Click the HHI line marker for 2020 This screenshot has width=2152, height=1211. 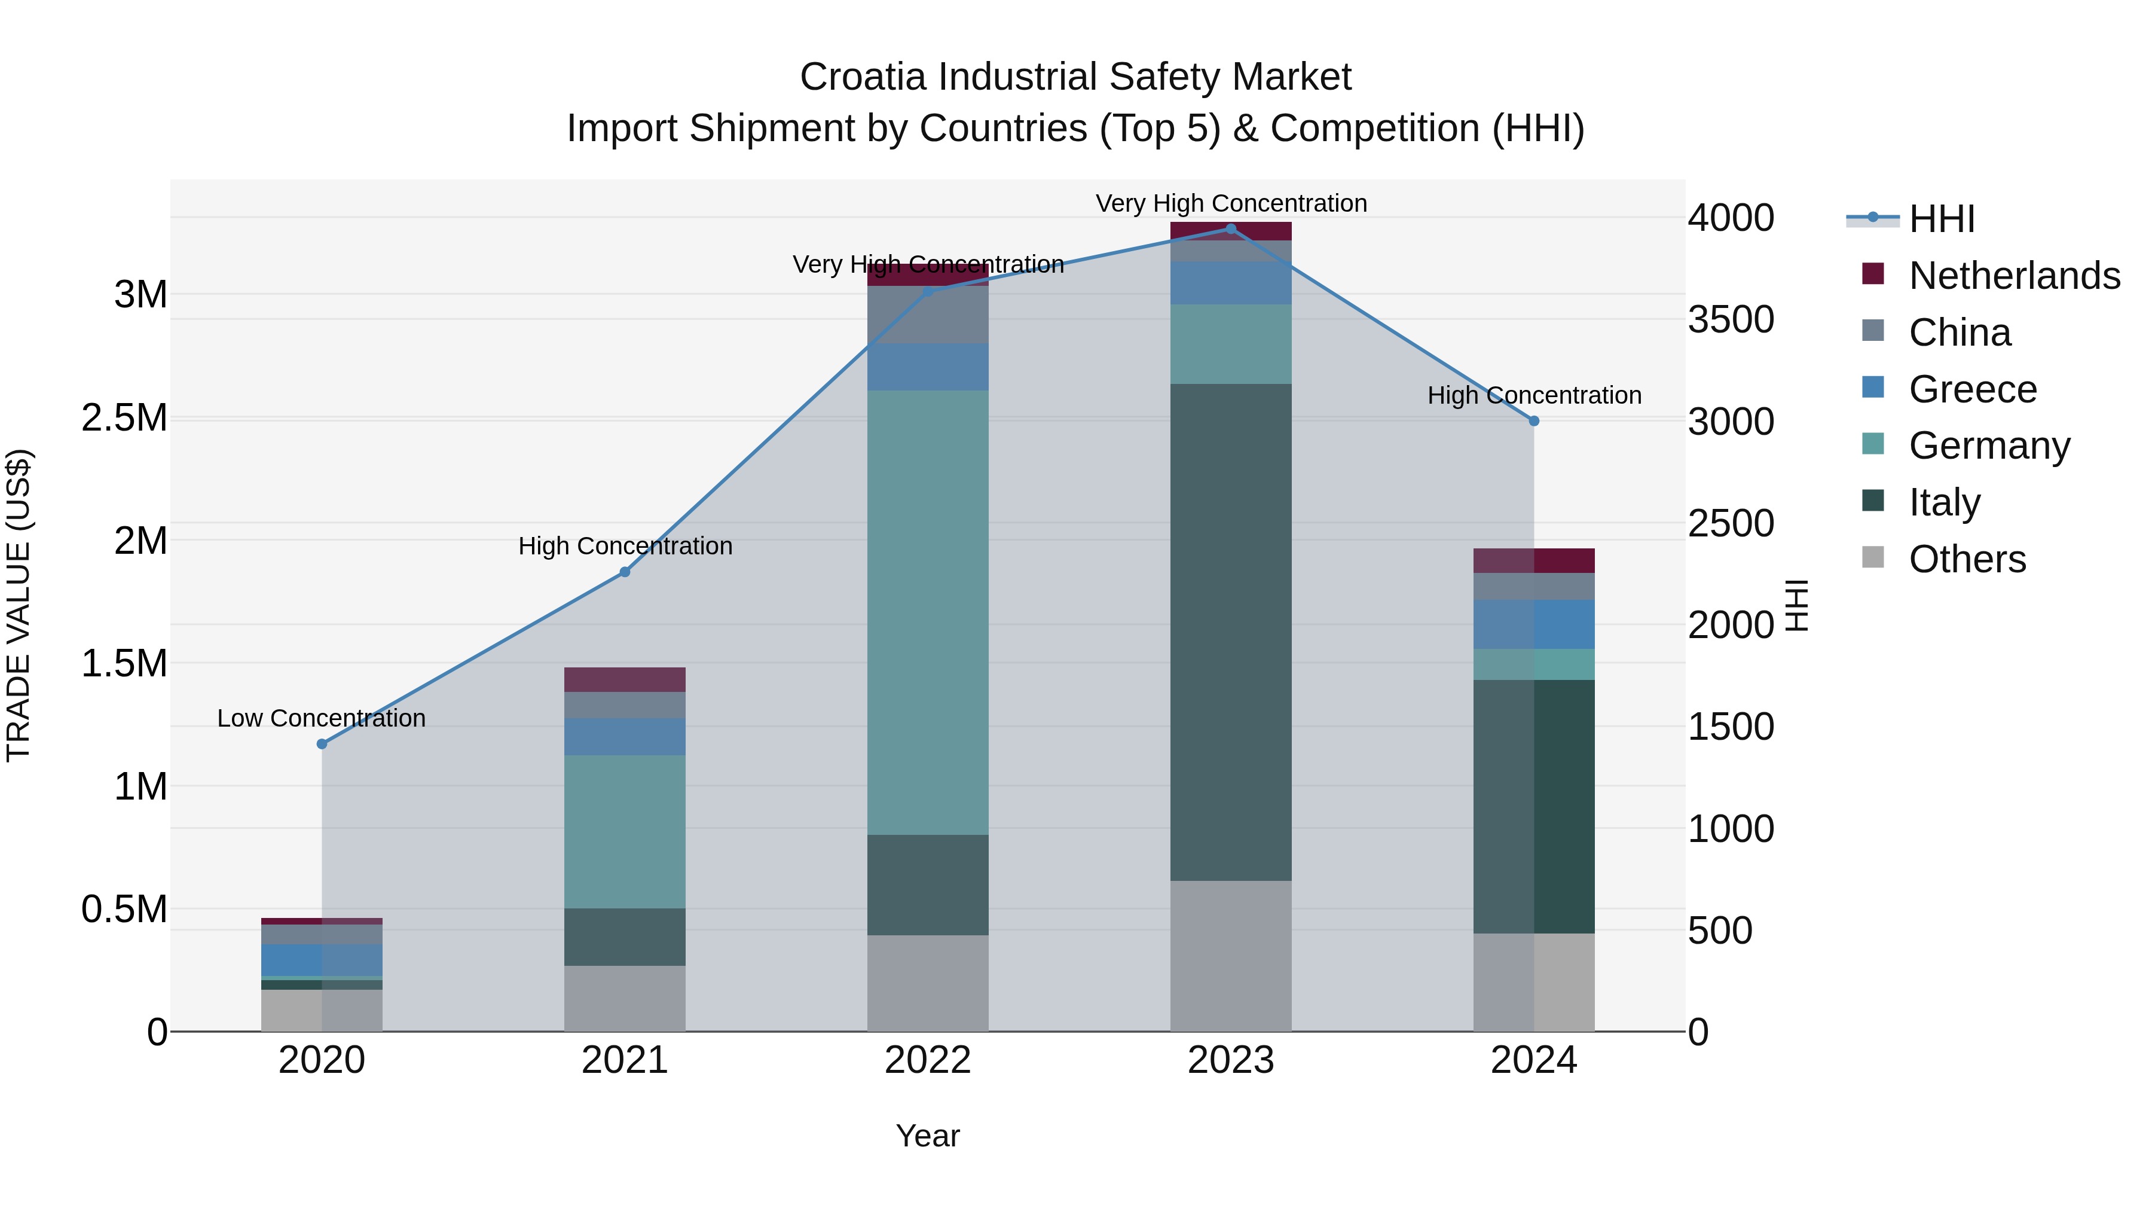point(322,744)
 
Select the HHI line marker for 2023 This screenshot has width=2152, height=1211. point(1231,229)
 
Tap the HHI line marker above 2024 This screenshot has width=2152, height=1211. point(1534,421)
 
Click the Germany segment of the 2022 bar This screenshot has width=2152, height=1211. point(927,612)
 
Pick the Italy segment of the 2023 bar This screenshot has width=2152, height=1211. point(1231,633)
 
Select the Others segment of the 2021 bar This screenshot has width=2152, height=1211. point(624,999)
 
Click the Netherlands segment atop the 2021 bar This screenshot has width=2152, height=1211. point(624,679)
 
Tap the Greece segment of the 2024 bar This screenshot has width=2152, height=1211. point(1534,624)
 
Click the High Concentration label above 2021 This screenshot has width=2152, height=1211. point(625,546)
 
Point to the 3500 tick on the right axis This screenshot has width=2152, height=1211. point(1731,319)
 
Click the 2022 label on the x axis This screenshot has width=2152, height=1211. point(927,1060)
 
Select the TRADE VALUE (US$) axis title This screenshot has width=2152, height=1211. point(19,605)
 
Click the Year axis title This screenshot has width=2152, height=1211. point(927,1136)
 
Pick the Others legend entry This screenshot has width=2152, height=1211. point(1967,559)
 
